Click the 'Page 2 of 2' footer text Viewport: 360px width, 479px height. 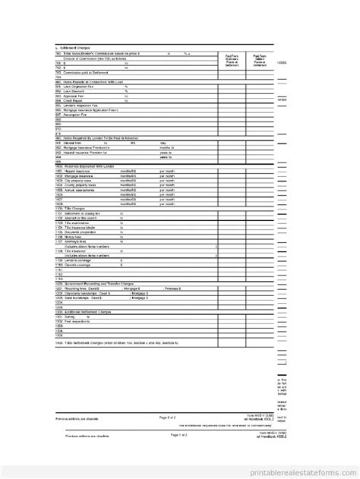(167, 418)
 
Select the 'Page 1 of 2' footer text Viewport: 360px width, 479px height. (167, 435)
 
